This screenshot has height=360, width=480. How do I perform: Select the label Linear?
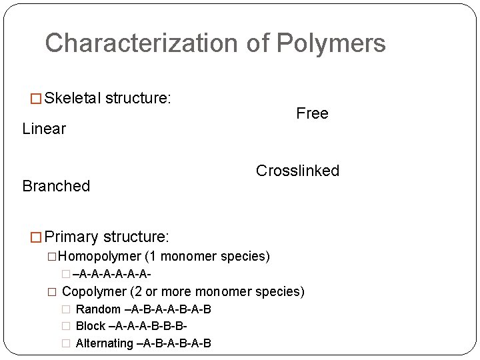[x=44, y=129]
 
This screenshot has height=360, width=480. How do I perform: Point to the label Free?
[x=312, y=113]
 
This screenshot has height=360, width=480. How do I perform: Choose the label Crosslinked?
[x=297, y=171]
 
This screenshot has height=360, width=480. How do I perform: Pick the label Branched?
[x=56, y=186]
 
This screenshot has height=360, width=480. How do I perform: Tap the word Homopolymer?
[x=99, y=257]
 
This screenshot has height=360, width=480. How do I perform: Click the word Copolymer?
[x=94, y=291]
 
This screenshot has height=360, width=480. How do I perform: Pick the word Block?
[x=91, y=326]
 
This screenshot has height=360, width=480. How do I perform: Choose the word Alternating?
[x=105, y=343]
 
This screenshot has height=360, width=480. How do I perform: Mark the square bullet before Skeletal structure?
[x=37, y=99]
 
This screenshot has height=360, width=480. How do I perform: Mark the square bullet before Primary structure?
[x=37, y=237]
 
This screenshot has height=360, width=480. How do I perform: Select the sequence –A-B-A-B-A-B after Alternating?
[x=174, y=343]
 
